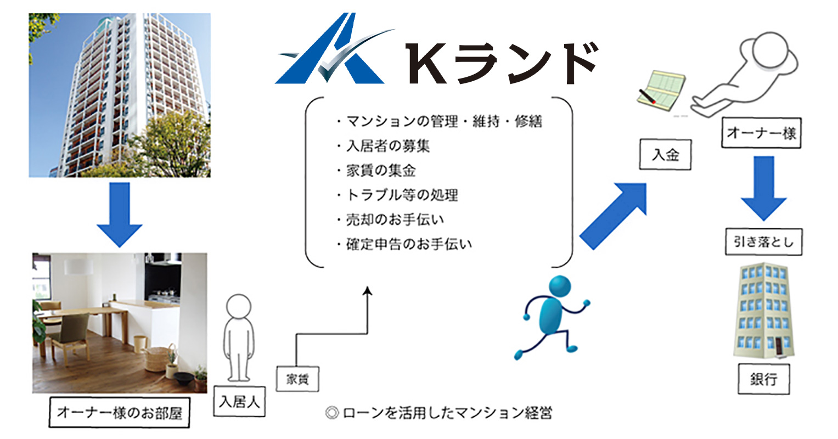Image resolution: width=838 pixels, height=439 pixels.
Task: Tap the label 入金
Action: click(x=665, y=154)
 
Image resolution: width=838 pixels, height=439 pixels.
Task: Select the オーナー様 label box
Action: click(x=761, y=133)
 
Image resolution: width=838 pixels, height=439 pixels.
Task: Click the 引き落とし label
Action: click(x=763, y=241)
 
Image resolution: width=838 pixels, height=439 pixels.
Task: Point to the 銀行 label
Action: click(x=763, y=379)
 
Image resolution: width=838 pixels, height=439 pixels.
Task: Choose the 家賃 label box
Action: click(x=297, y=379)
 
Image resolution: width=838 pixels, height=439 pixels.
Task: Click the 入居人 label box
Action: click(x=239, y=402)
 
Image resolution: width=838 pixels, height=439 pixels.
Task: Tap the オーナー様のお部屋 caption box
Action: click(x=119, y=413)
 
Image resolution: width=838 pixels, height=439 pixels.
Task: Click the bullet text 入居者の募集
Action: click(x=388, y=146)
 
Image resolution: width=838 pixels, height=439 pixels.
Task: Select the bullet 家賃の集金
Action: click(x=381, y=171)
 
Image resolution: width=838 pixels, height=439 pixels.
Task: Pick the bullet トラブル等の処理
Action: click(x=402, y=195)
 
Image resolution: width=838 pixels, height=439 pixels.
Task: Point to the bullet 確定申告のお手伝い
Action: click(x=409, y=244)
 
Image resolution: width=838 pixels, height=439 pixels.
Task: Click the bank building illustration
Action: click(x=763, y=311)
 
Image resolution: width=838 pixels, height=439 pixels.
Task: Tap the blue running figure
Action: click(x=552, y=318)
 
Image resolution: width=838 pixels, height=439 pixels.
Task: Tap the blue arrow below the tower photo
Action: click(x=119, y=215)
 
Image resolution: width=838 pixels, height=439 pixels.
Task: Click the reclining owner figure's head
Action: click(x=770, y=50)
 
